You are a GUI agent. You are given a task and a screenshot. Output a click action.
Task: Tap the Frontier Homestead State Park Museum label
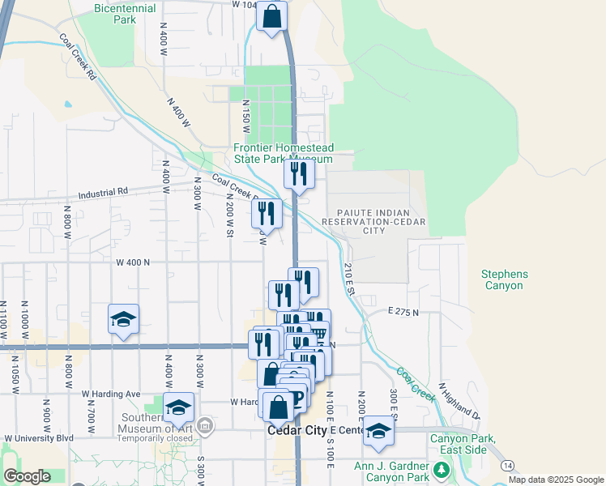pos(283,153)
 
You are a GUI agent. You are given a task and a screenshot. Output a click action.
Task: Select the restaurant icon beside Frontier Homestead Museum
pos(298,173)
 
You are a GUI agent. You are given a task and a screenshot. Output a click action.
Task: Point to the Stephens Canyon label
pos(503,280)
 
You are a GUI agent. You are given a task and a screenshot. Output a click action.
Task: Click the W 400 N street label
pos(134,262)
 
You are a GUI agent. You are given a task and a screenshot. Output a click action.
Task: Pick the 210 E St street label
pos(350,279)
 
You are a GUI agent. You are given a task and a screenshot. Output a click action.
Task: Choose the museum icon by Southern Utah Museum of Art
pos(206,424)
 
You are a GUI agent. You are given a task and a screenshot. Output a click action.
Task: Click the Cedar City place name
pos(296,432)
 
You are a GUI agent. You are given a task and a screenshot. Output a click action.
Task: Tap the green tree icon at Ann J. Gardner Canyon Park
pos(442,470)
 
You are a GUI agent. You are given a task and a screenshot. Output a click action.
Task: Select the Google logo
pos(27,476)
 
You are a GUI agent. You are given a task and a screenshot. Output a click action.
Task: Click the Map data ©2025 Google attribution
pos(556,480)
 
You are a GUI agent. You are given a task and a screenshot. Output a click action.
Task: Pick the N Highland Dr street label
pos(459,403)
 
